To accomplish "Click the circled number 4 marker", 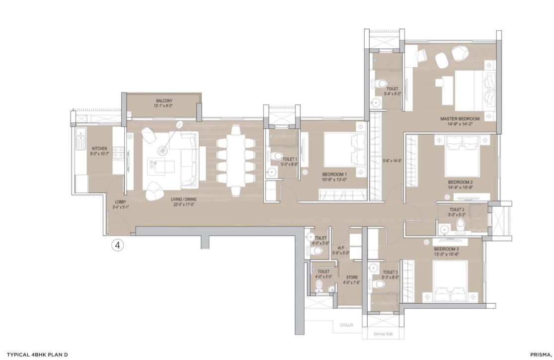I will [x=118, y=245].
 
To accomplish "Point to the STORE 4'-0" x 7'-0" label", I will [x=351, y=280].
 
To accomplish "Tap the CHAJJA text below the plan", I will [x=346, y=325].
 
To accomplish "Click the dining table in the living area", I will [x=236, y=160].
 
